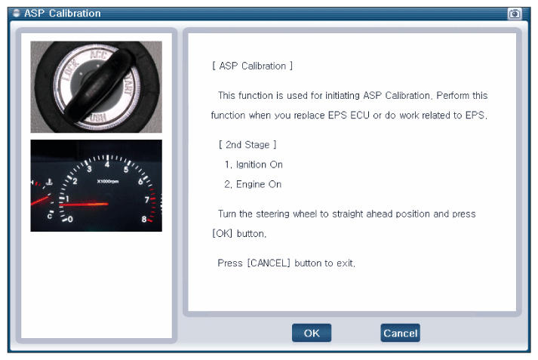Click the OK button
(312, 333)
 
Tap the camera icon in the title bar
(515, 14)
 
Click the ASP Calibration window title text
(63, 14)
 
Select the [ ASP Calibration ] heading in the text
(252, 66)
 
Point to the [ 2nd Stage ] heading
(247, 145)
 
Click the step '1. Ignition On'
(254, 165)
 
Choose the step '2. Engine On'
(253, 184)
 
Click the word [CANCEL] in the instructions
(269, 263)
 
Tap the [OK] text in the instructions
(223, 234)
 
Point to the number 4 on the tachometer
(107, 165)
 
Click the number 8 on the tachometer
(144, 219)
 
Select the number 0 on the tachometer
(70, 219)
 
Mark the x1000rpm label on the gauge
(108, 181)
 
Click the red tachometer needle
(84, 205)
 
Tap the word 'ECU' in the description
(360, 115)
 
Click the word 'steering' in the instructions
(272, 214)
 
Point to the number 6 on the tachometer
(140, 182)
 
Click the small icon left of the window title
(16, 14)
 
